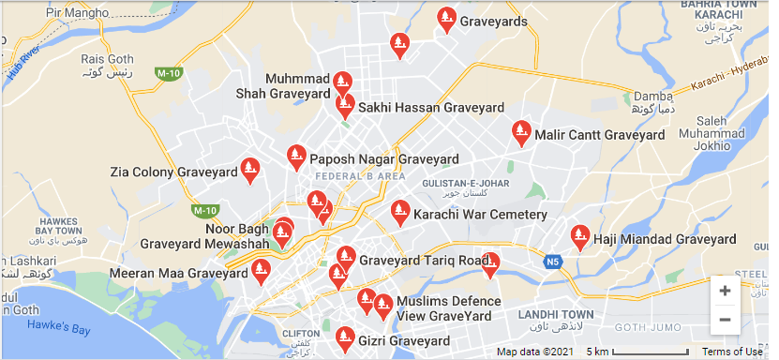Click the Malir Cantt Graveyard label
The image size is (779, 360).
tap(599, 135)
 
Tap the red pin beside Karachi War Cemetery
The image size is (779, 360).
tap(400, 213)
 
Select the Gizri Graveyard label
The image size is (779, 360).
tap(404, 342)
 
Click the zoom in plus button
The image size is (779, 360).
tap(725, 291)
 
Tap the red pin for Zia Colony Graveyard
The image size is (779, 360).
tap(249, 170)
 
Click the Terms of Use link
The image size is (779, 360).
tap(732, 352)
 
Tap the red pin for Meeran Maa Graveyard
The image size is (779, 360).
tap(262, 272)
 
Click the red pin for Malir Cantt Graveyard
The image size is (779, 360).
tap(520, 133)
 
